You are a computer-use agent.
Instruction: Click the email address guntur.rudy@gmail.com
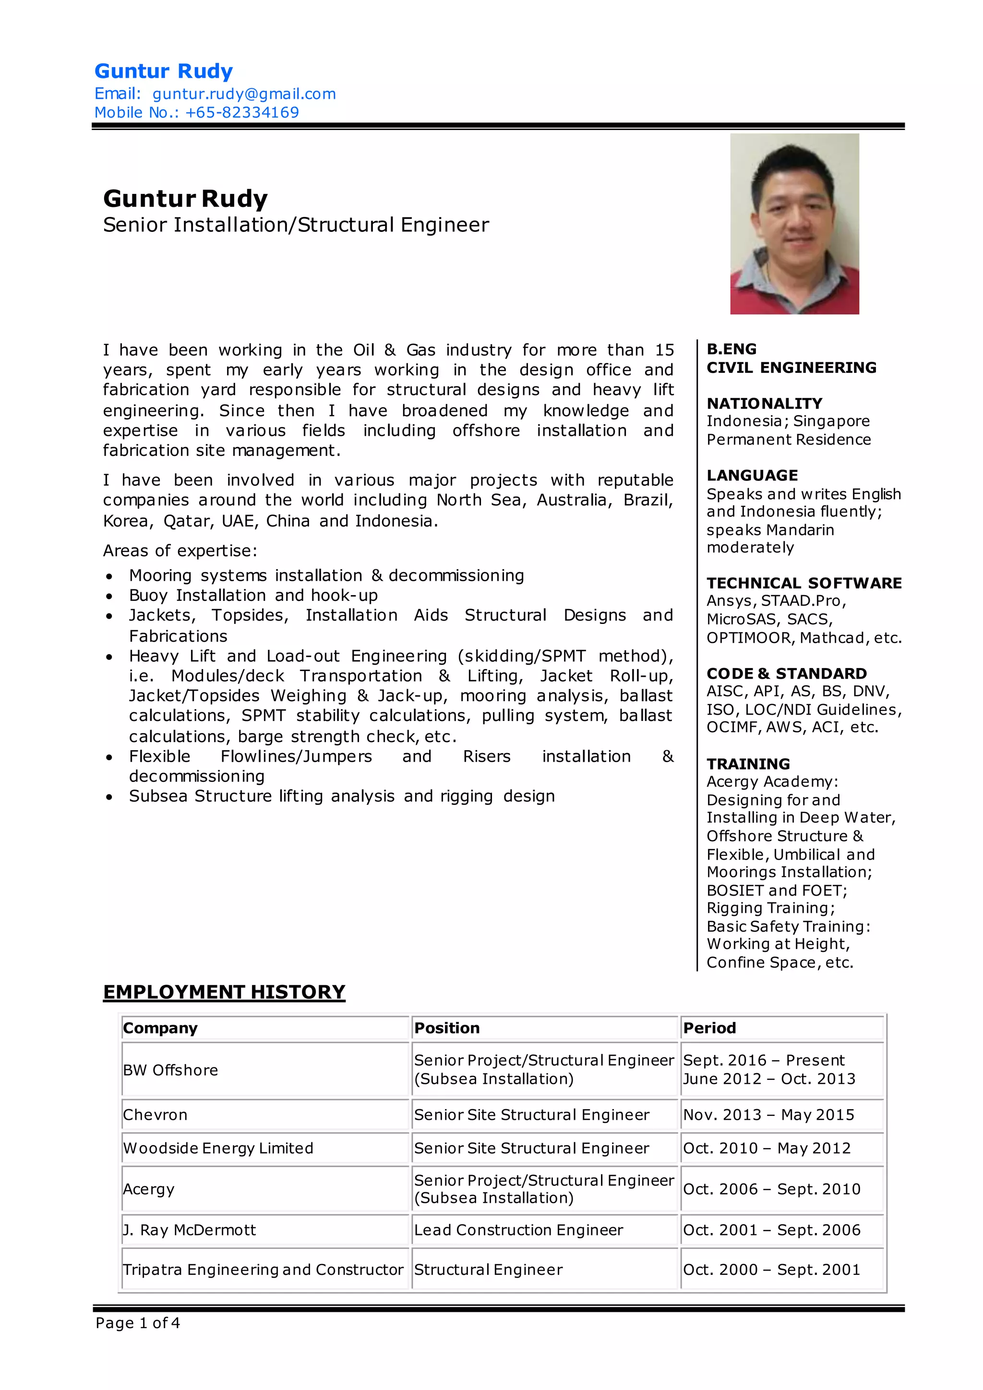[x=244, y=94]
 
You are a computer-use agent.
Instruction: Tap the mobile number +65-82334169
[x=242, y=113]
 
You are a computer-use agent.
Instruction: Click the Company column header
[x=160, y=1028]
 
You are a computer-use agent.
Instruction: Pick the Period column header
[x=709, y=1028]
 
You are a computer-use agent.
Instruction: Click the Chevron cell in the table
[x=156, y=1114]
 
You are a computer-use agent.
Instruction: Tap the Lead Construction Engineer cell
[x=518, y=1230]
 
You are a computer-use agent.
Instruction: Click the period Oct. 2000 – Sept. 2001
[x=771, y=1269]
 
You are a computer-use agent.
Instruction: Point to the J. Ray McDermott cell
[x=190, y=1230]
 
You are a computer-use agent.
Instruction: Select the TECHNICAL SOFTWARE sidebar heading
[x=804, y=583]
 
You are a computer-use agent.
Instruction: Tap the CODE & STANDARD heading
[x=786, y=673]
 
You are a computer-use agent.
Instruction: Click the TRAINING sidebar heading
[x=748, y=764]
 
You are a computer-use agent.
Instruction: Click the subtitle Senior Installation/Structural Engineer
[x=296, y=225]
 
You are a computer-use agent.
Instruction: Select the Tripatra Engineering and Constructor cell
[x=263, y=1269]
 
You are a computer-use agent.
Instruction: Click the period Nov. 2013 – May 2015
[x=768, y=1114]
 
